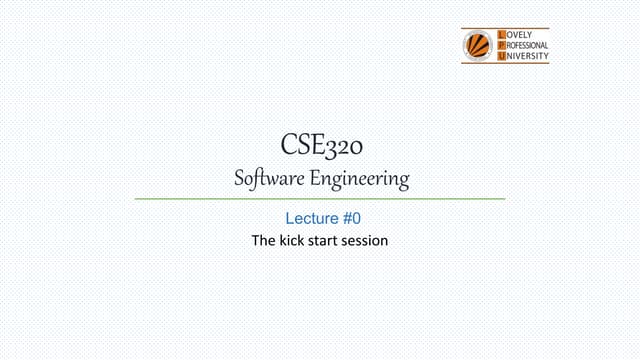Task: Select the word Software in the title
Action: point(271,180)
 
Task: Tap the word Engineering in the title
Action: point(360,181)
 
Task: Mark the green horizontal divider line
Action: point(320,199)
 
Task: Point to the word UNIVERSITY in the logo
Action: point(527,57)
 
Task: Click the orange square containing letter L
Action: point(502,35)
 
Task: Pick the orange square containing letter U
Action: point(502,57)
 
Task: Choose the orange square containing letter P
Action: point(502,46)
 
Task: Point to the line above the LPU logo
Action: point(505,28)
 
